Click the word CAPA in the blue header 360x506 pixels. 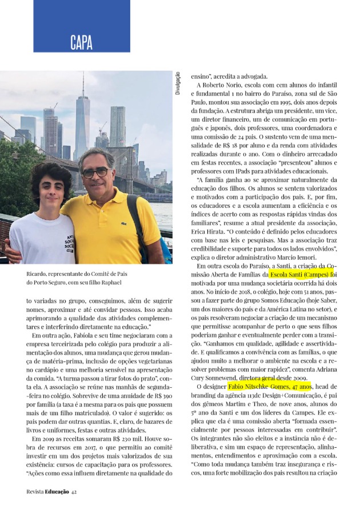81,41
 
